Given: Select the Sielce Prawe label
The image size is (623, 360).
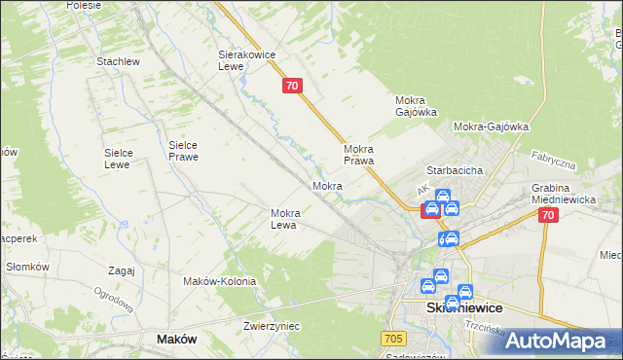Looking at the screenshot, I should pyautogui.click(x=183, y=150).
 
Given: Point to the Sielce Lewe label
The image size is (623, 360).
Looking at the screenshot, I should pyautogui.click(x=124, y=159).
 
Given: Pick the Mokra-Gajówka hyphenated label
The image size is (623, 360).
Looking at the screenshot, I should pyautogui.click(x=491, y=126).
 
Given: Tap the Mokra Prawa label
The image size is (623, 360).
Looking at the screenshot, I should pyautogui.click(x=359, y=155).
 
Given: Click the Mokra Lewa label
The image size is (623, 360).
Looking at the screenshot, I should pyautogui.click(x=290, y=219).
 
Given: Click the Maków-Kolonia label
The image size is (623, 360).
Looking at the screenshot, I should pyautogui.click(x=219, y=281).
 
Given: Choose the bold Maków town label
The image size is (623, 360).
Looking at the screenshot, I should pyautogui.click(x=176, y=340).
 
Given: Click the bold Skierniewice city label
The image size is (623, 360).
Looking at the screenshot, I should pyautogui.click(x=464, y=307).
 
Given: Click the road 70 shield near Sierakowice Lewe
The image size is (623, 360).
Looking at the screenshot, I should pyautogui.click(x=293, y=87).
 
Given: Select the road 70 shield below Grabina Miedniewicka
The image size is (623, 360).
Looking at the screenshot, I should pyautogui.click(x=548, y=216).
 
